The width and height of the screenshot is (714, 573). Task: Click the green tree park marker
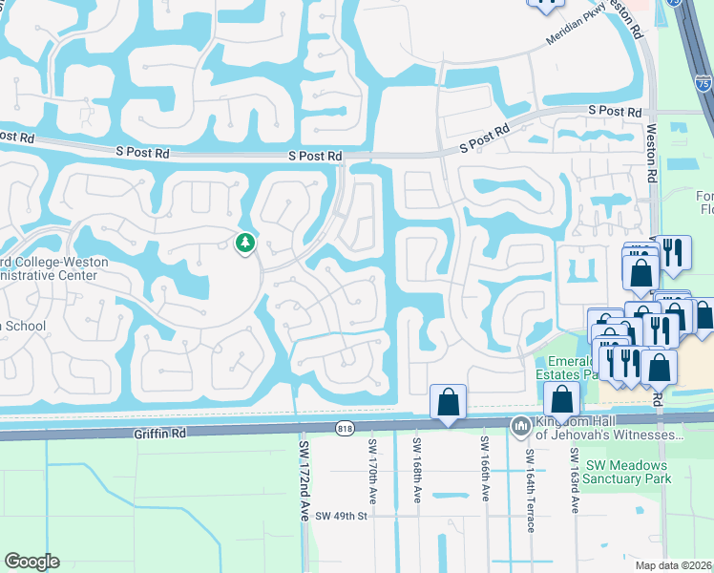coord(245,244)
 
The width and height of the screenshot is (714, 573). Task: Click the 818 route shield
coord(346,430)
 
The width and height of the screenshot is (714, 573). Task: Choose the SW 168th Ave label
coord(417,472)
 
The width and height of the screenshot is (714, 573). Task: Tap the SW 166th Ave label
coord(485,472)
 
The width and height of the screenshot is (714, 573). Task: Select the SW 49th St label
coord(342,516)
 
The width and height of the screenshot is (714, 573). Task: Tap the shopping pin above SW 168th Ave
coord(448,402)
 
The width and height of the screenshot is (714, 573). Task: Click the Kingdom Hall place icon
coord(521,426)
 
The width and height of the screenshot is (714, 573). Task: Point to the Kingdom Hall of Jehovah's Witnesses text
coord(608,428)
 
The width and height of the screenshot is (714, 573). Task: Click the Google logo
coord(31,562)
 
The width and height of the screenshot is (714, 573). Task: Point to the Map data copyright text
coord(674,565)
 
